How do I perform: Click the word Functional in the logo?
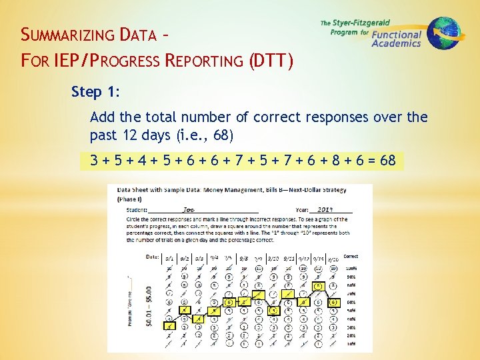[x=397, y=35]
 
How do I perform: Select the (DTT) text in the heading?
[x=271, y=61]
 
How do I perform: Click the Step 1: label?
[x=95, y=91]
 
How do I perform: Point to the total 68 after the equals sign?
[x=387, y=161]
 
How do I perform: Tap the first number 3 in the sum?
[x=96, y=161]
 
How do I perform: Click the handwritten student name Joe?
[x=189, y=209]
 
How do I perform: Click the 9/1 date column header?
[x=169, y=257]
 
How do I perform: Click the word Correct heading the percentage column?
[x=351, y=256]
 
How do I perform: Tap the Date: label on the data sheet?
[x=152, y=257]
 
